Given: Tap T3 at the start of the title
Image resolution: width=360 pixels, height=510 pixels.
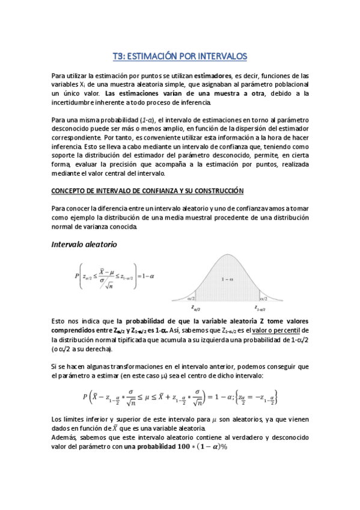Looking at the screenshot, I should click(x=119, y=56).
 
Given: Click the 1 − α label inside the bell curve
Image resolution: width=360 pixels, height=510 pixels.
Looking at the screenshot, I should click(x=229, y=279).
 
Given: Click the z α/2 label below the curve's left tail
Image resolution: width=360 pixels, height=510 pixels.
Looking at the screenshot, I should click(x=195, y=307).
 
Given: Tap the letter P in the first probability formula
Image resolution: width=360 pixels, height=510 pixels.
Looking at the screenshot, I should click(x=76, y=276).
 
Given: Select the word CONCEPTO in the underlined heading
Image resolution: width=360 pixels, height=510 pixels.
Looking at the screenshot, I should click(x=70, y=191).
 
